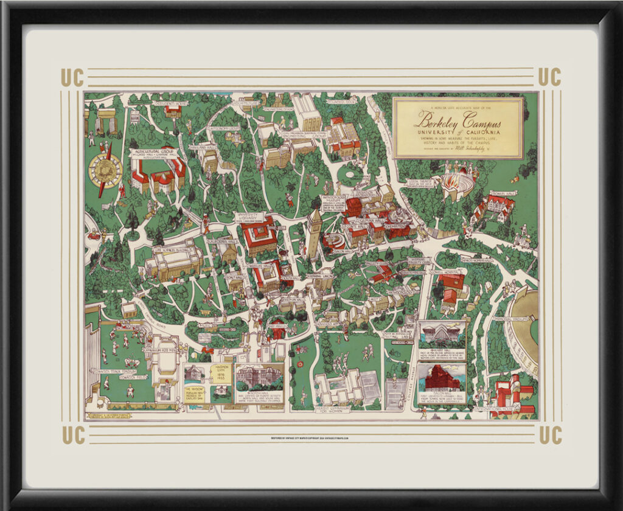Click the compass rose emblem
pos(105,169)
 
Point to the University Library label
pos(250,217)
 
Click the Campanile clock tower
pos(314,234)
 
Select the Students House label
pos(170,104)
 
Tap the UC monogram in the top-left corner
pos(72,78)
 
